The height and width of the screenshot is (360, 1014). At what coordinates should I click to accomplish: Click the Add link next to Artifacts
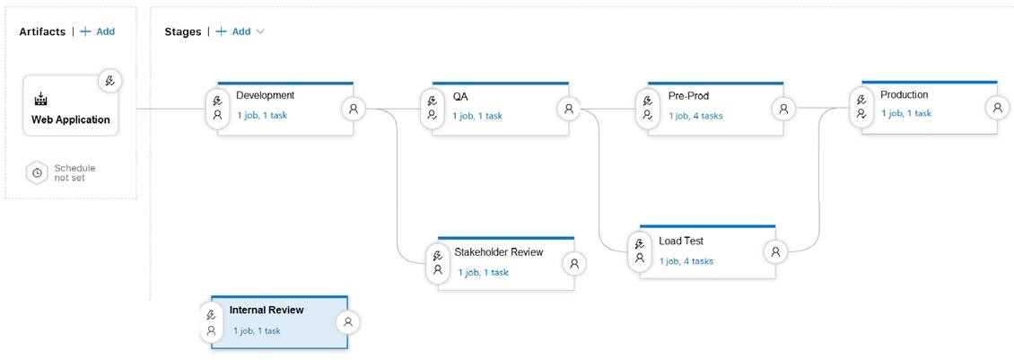click(97, 31)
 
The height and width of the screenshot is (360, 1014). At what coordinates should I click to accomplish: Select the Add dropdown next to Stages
click(240, 31)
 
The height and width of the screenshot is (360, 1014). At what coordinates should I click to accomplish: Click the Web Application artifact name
click(71, 119)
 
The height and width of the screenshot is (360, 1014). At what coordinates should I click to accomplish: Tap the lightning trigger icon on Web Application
click(110, 81)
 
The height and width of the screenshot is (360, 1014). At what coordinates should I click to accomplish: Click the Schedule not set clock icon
click(37, 173)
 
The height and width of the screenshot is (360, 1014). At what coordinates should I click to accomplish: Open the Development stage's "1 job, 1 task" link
click(262, 116)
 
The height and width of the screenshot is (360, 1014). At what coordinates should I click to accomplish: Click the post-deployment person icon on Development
click(353, 109)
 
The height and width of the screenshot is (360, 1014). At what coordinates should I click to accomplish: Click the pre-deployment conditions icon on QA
click(432, 108)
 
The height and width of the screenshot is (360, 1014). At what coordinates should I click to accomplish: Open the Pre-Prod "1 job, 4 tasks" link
click(695, 116)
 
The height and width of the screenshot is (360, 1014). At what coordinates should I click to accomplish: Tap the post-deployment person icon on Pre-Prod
click(783, 109)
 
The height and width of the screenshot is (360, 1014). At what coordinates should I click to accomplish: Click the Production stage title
click(904, 94)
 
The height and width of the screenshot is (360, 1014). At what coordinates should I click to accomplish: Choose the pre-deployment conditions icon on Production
click(861, 107)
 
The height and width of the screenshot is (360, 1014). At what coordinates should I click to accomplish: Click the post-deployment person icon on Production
click(998, 108)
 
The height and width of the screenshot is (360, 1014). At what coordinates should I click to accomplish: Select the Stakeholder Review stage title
click(499, 252)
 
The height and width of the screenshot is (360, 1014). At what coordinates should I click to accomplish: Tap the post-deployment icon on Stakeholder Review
click(574, 264)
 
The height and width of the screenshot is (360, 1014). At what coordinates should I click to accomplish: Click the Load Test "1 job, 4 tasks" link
click(686, 261)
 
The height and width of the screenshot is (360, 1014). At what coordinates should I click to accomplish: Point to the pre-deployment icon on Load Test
click(640, 250)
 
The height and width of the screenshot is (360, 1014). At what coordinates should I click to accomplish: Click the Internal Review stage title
click(267, 310)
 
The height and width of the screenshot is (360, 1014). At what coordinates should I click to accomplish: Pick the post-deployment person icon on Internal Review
click(348, 321)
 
